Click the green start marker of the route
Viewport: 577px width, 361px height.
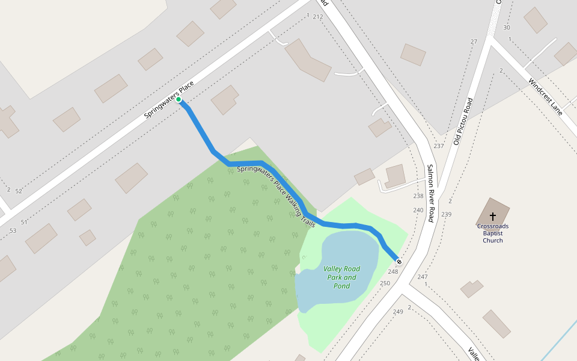179,100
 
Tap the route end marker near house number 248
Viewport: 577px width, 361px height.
399,262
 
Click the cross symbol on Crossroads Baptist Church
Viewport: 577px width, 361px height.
493,216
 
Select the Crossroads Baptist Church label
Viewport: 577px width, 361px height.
493,233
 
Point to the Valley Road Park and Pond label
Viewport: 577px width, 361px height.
341,277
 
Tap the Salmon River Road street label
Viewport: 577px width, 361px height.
430,193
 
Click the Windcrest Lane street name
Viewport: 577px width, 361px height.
545,97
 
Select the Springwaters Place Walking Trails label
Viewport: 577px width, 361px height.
276,196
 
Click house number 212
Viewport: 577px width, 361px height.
318,17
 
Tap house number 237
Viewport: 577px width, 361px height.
439,146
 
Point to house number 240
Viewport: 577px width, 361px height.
418,210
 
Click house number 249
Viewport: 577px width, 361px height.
398,312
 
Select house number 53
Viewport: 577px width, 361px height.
13,231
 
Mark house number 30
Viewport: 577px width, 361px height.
507,28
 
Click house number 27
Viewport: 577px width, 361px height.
474,42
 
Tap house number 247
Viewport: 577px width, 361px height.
423,277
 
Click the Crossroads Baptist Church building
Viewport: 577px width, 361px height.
493,212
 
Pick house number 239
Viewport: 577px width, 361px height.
446,214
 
